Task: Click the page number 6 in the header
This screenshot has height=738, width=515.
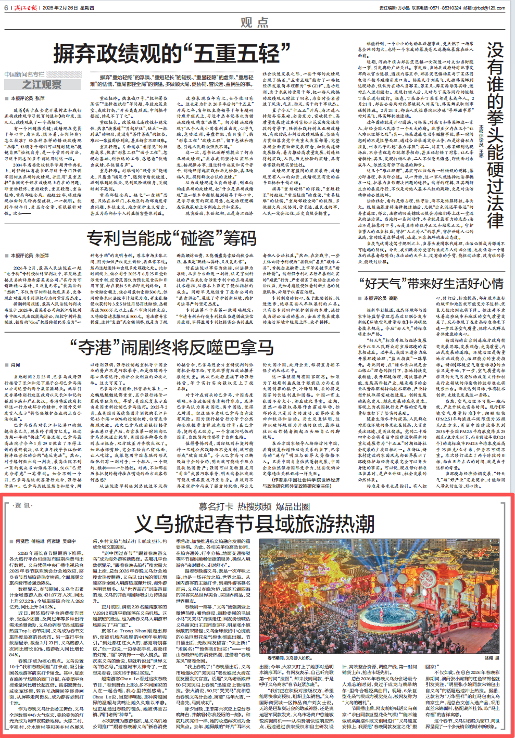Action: click(6, 8)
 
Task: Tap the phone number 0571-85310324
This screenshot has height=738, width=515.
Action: click(443, 8)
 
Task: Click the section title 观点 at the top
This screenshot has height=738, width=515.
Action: click(255, 22)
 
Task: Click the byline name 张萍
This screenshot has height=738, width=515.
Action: click(40, 98)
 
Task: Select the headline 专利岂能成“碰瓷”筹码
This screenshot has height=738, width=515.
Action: click(171, 238)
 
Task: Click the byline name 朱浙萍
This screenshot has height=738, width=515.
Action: click(42, 256)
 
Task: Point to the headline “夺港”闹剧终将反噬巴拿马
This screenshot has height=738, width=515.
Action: click(171, 347)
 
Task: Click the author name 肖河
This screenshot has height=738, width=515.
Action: click(16, 365)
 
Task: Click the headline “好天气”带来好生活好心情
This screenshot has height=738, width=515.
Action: click(431, 284)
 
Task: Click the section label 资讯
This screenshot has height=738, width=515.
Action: click(23, 505)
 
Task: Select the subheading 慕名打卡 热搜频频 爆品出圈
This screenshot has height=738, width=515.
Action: click(255, 506)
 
